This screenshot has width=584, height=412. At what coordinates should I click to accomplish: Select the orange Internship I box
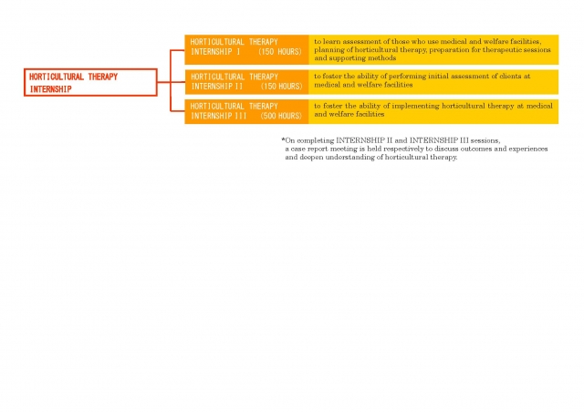point(246,49)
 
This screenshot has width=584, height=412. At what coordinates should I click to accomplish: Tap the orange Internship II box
point(246,82)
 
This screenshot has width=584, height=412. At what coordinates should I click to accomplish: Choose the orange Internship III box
point(246,111)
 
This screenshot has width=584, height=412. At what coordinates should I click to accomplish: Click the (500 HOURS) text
point(281,116)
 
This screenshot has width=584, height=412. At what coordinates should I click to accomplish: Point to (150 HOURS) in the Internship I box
point(280,52)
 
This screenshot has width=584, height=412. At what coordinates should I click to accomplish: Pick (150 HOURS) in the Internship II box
point(281,87)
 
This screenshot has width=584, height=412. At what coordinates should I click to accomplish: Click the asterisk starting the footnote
point(283,139)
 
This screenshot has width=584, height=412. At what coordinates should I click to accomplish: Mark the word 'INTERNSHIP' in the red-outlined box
point(50,89)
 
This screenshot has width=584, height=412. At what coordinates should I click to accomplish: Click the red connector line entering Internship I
point(177,50)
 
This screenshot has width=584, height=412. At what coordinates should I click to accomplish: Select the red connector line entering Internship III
point(178,111)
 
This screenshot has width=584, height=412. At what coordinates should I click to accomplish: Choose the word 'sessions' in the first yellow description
point(537,49)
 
